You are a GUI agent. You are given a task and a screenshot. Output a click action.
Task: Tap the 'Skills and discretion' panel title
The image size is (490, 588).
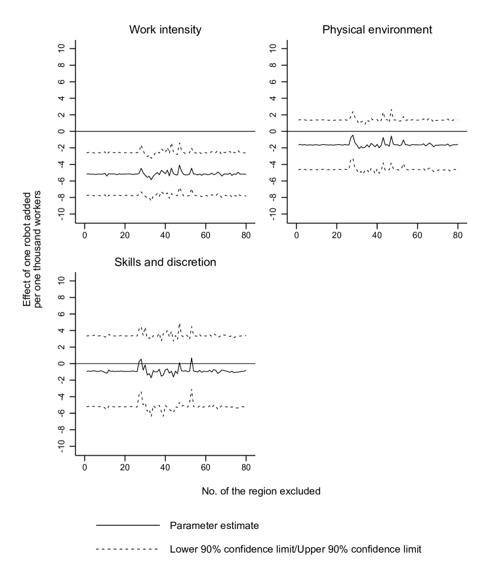pyautogui.click(x=165, y=262)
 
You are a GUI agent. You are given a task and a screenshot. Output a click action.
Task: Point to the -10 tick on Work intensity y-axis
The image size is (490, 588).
pyautogui.click(x=61, y=214)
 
